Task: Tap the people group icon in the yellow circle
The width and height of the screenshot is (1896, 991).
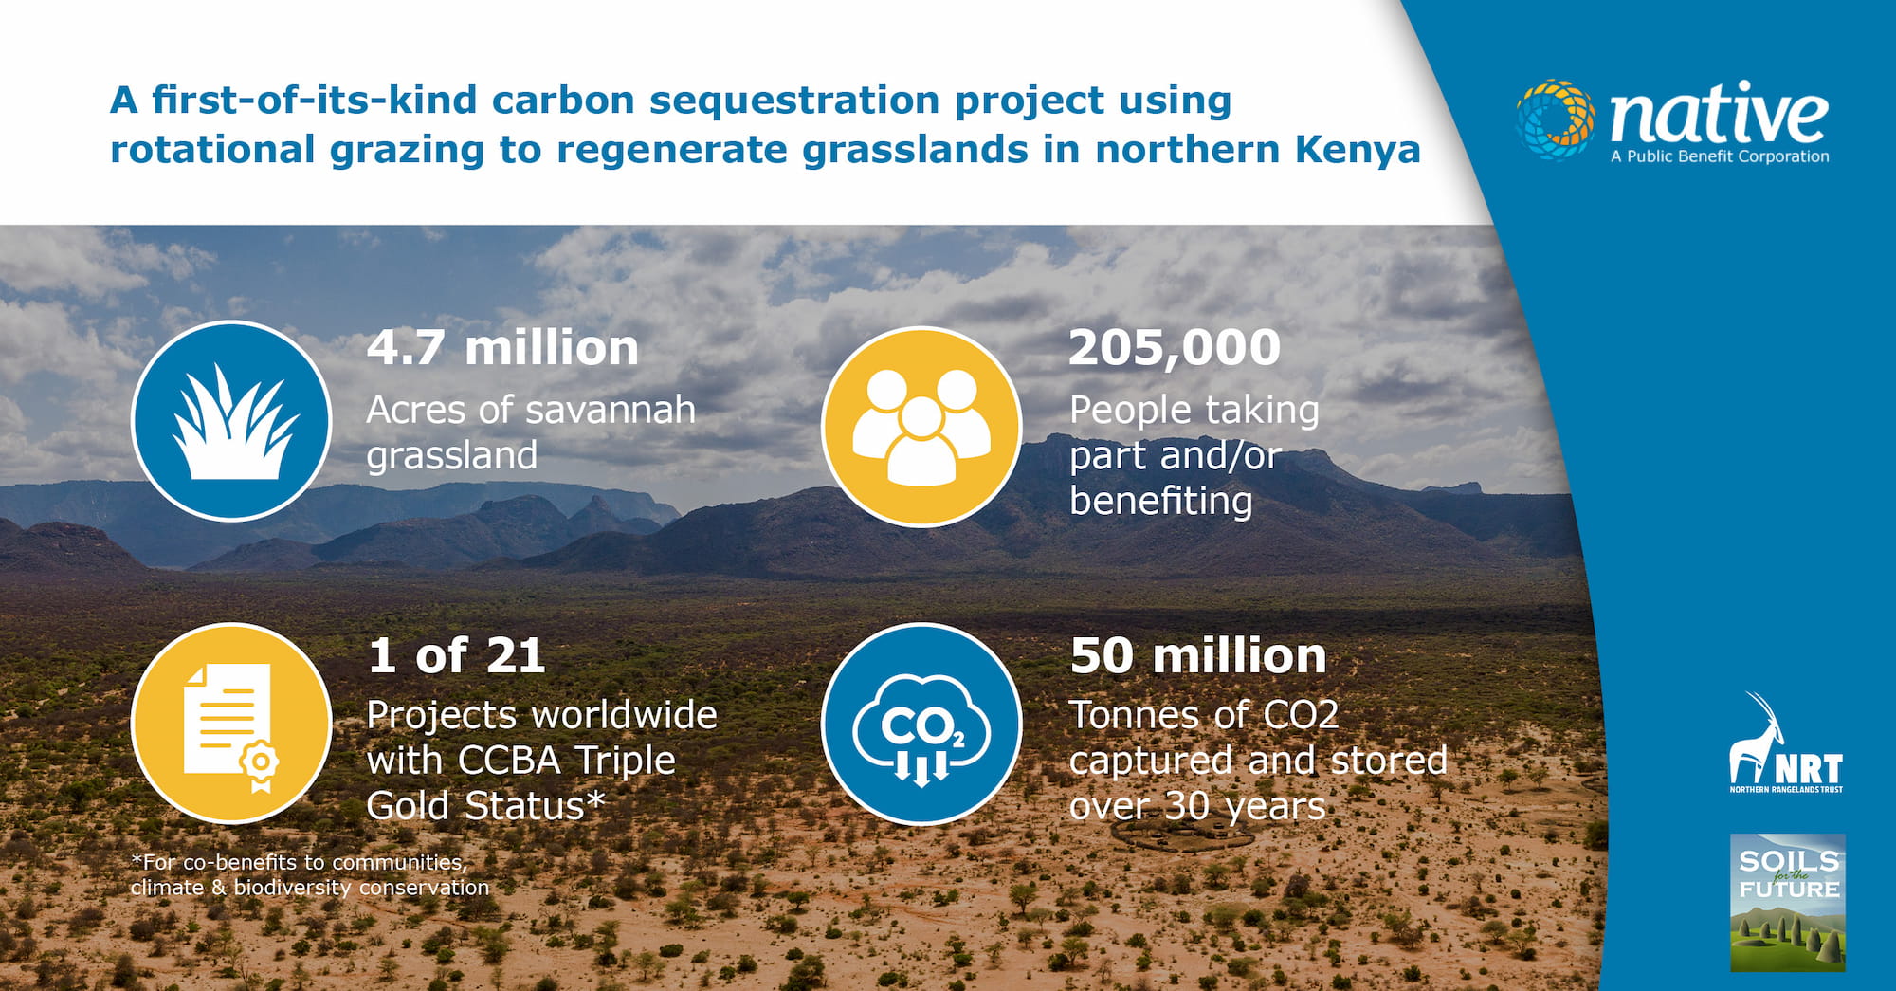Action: click(x=921, y=427)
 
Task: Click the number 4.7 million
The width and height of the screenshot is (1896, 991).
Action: click(x=502, y=348)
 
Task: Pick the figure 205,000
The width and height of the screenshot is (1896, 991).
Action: click(x=1175, y=348)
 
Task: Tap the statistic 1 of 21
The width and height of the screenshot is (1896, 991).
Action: click(x=456, y=655)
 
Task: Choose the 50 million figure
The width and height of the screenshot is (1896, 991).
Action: click(x=1198, y=655)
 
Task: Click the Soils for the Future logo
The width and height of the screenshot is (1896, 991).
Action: click(x=1788, y=903)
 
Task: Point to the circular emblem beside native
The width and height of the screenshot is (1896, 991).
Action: click(x=1556, y=119)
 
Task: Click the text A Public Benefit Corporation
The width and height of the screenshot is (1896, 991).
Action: click(x=1720, y=156)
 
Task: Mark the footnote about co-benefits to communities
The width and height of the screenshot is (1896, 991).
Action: click(x=310, y=874)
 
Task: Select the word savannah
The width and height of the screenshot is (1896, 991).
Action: click(x=610, y=411)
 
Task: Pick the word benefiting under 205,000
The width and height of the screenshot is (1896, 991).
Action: click(x=1161, y=501)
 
